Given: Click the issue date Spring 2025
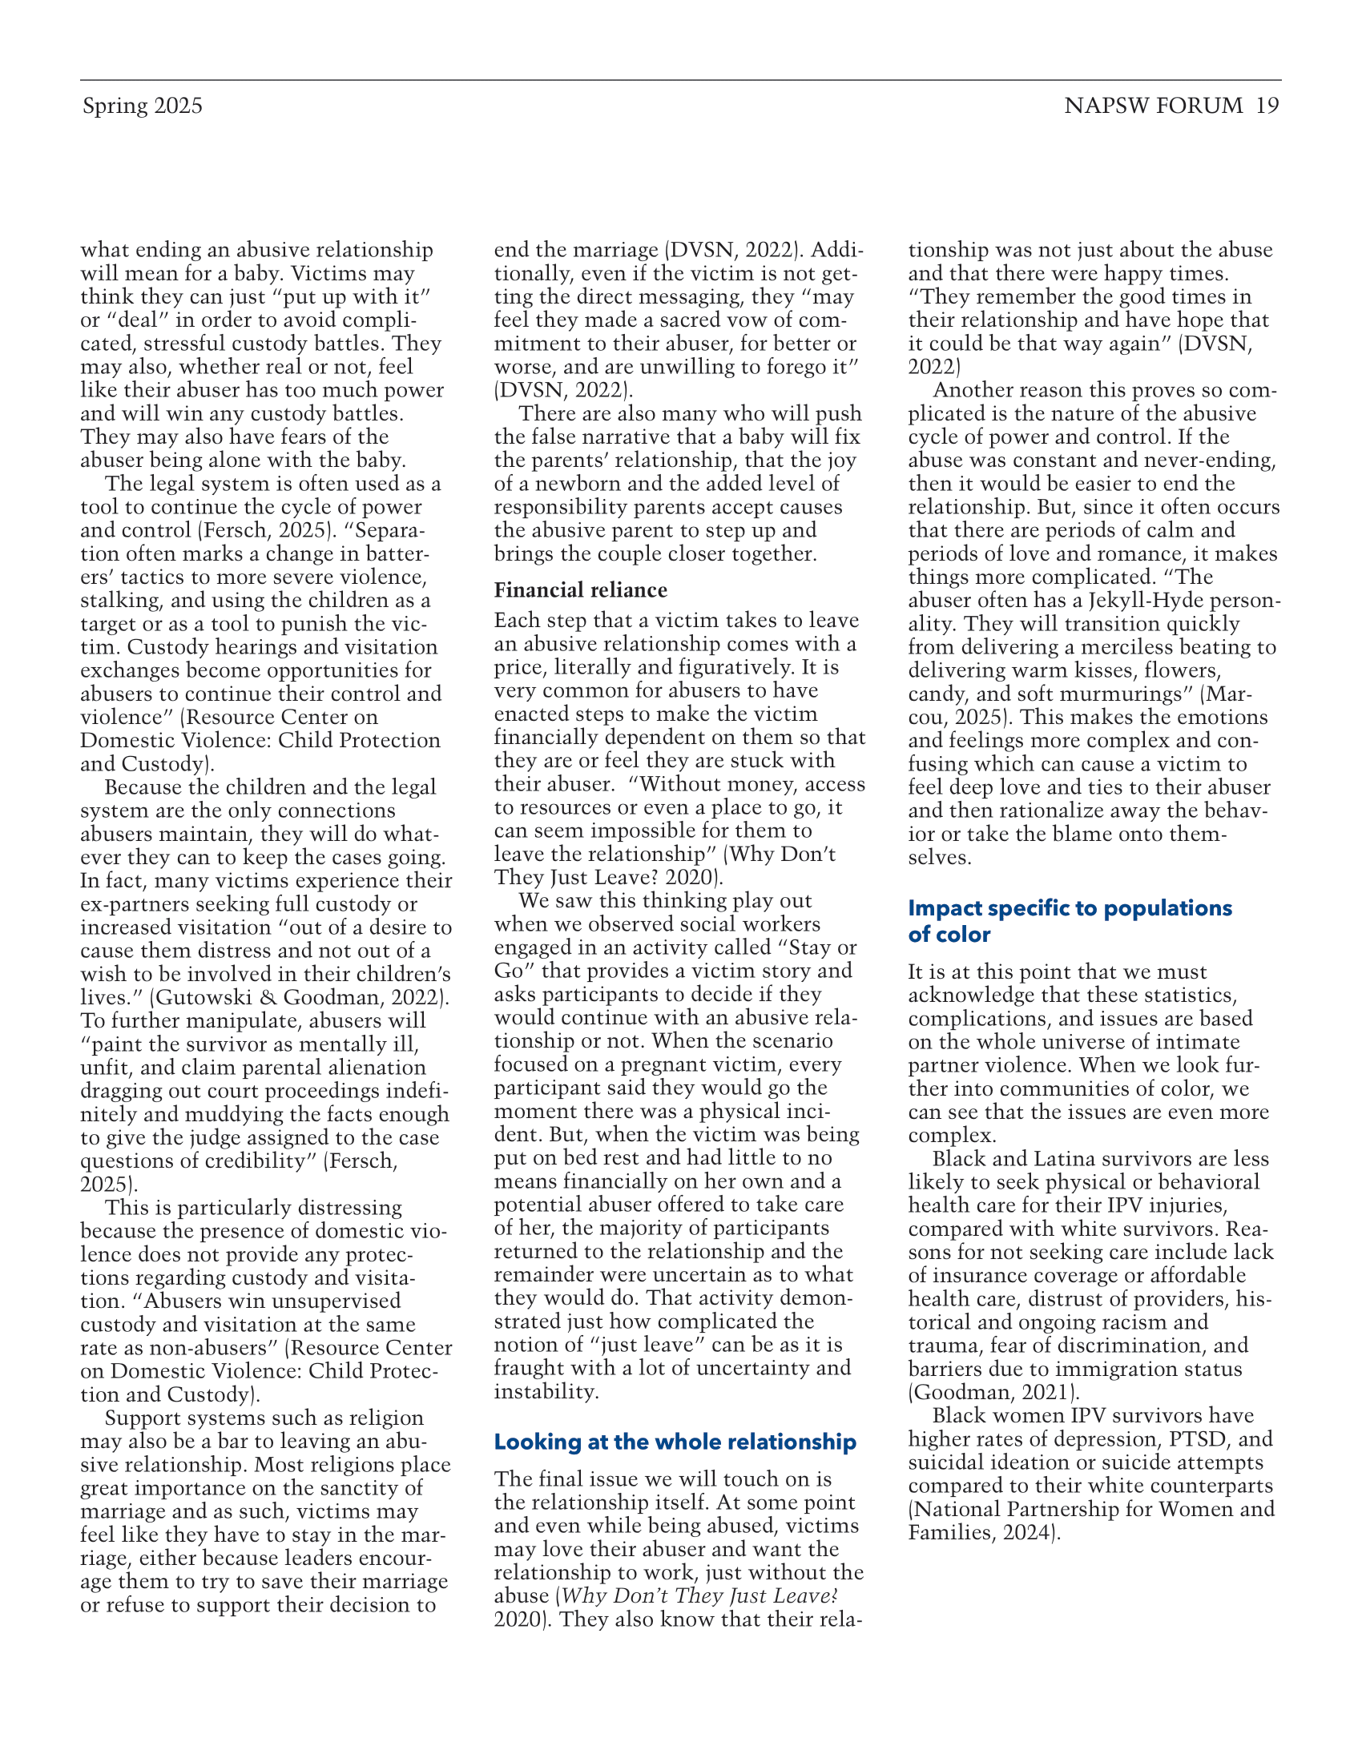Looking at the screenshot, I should pos(142,107).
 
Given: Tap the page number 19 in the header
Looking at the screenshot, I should pos(1267,106).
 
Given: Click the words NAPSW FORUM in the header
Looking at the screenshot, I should pos(1153,106).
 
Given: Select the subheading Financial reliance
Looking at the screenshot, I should pos(580,589).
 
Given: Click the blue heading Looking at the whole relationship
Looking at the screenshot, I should pos(675,1442).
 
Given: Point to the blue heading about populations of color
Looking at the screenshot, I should pos(1070,920).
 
